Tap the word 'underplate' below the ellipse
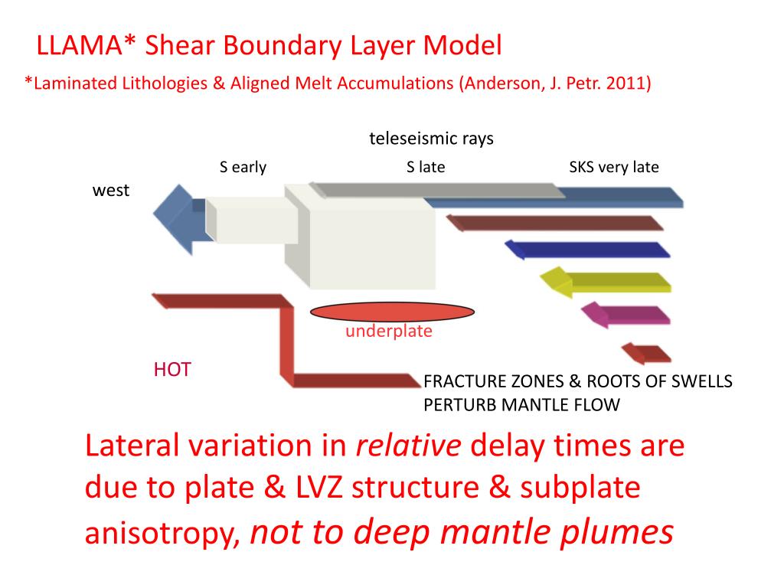point(388,332)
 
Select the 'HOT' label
point(171,371)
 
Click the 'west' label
point(111,191)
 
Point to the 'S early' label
point(243,167)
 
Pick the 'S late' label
point(426,167)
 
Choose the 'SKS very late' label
point(614,167)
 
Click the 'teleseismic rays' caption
point(431,139)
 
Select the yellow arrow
point(605,282)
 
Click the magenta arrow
point(625,314)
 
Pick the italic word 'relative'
point(409,446)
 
